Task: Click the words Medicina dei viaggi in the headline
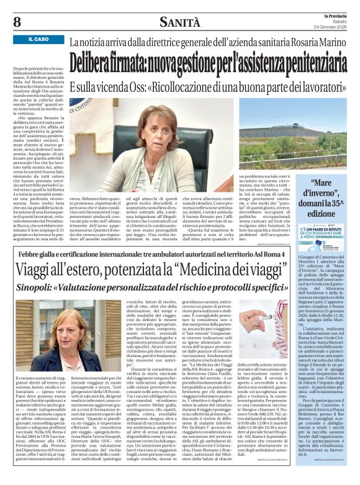click(x=228, y=270)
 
